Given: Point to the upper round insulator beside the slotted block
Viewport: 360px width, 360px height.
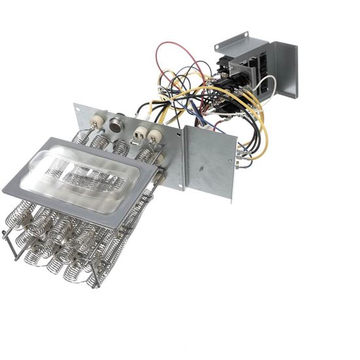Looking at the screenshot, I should point(154,136).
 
